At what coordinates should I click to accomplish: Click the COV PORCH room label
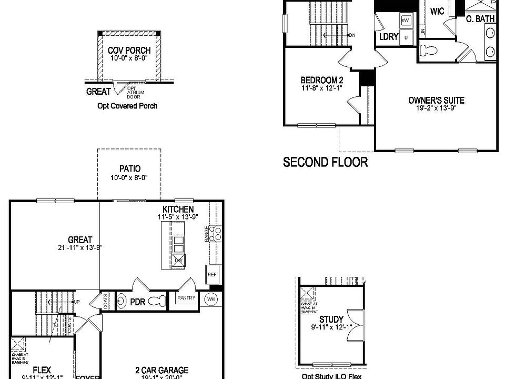click(129, 51)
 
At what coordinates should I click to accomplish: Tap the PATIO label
click(129, 169)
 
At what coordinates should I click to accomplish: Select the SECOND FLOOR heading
click(326, 162)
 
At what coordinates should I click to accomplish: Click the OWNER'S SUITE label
click(436, 100)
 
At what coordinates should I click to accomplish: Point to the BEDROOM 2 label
click(322, 80)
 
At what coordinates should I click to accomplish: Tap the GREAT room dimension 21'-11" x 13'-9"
click(80, 247)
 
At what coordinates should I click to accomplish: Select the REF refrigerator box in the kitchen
click(212, 275)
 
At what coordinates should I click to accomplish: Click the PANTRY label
click(186, 298)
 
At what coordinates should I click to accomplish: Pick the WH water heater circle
click(211, 298)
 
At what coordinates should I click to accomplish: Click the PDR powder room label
click(137, 303)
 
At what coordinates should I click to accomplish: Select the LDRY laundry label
click(388, 37)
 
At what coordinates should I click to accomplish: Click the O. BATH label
click(480, 19)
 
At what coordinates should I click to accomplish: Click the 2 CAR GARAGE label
click(162, 371)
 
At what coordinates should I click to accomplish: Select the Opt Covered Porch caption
click(127, 106)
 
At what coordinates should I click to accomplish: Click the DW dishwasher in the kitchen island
click(178, 260)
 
